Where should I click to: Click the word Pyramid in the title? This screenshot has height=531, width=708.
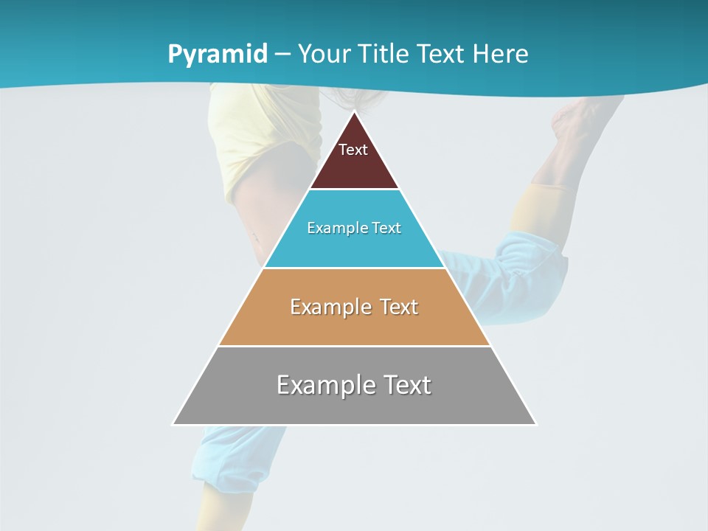(217, 55)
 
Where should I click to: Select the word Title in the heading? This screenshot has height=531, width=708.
(384, 54)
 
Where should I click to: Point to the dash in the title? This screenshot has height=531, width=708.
(282, 55)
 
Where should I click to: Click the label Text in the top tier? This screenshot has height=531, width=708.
(353, 150)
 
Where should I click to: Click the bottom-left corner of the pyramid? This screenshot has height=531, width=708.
(173, 424)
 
